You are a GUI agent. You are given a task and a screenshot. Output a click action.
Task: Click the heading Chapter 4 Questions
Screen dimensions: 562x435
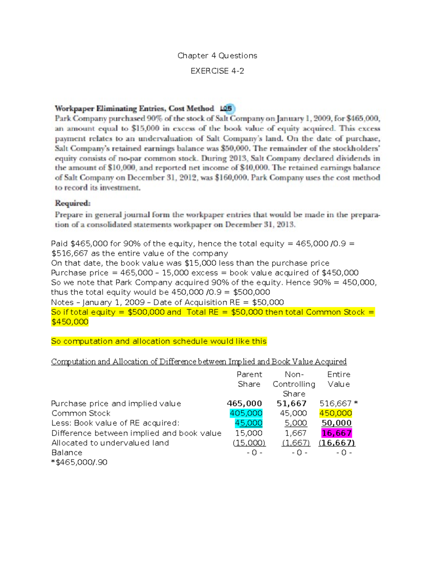[x=217, y=56]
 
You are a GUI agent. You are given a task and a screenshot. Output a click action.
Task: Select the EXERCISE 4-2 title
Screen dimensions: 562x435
[x=217, y=71]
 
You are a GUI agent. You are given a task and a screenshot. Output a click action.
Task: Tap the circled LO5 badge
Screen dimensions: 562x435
[x=227, y=109]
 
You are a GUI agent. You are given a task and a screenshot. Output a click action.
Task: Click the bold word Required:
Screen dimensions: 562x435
[x=72, y=203]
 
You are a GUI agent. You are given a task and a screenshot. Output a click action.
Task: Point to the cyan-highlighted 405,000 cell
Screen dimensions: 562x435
[x=246, y=413]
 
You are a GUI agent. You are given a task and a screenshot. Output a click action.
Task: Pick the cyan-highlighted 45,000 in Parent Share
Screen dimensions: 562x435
[x=248, y=423]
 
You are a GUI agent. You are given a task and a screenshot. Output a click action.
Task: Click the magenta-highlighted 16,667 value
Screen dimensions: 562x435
[x=336, y=433]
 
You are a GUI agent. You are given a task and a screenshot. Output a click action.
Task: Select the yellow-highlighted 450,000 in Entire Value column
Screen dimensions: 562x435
[x=336, y=413]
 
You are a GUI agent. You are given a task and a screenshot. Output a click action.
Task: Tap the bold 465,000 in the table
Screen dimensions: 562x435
[x=244, y=403]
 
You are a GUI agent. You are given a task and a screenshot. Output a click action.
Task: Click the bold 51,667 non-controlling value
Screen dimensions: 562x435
[x=291, y=403]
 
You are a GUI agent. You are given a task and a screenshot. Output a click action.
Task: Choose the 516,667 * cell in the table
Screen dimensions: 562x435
[x=338, y=403]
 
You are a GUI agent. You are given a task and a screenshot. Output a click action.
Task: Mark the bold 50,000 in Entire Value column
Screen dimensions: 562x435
[x=336, y=423]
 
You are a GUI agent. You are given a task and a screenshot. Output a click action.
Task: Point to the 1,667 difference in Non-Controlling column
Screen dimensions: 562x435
[x=295, y=433]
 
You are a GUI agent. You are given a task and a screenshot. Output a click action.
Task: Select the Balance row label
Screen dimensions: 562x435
[x=67, y=453]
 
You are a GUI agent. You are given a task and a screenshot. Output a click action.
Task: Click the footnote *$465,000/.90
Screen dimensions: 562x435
[x=79, y=462]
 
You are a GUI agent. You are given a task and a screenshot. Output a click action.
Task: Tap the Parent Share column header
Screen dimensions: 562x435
[x=249, y=379]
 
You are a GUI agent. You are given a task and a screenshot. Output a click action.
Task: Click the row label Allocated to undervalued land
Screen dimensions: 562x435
[x=110, y=443]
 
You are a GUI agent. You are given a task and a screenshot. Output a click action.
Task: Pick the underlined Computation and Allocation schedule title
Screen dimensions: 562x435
[x=199, y=362]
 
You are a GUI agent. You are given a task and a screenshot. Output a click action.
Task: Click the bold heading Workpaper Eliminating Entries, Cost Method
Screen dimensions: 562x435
[x=134, y=109]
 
